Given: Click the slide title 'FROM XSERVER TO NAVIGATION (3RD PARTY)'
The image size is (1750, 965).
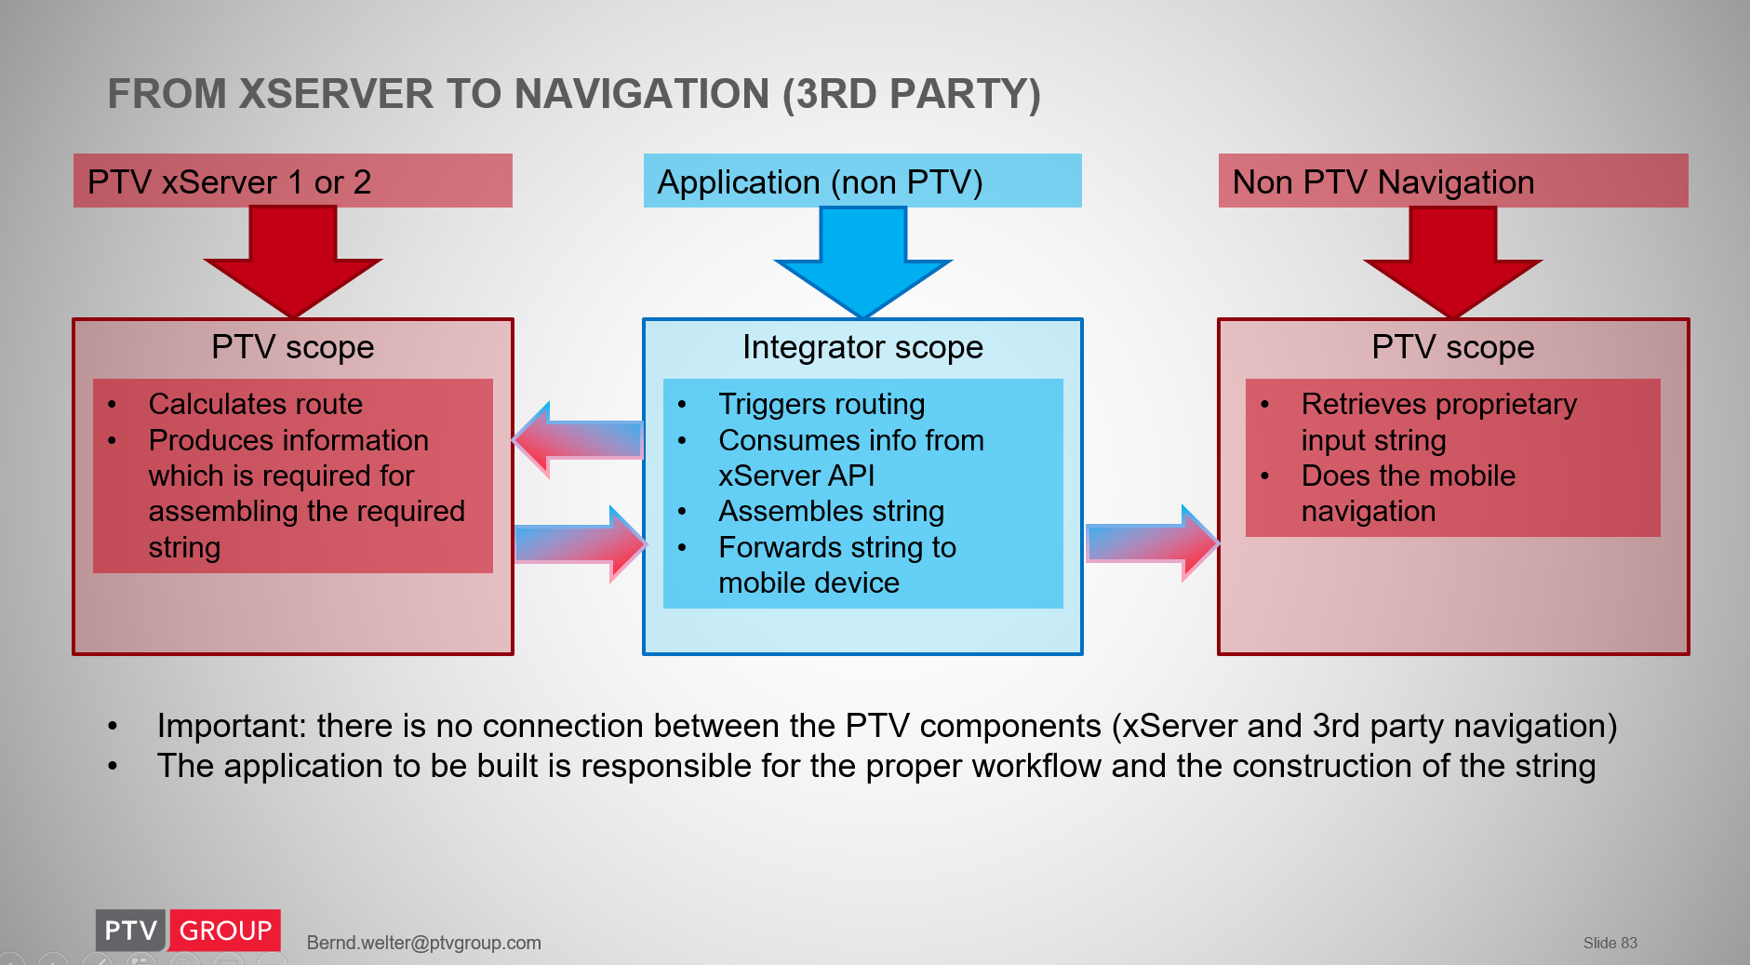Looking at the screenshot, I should (573, 94).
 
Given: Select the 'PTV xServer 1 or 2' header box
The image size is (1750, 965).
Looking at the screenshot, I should (292, 181).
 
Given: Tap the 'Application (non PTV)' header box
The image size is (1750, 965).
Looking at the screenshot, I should (862, 181).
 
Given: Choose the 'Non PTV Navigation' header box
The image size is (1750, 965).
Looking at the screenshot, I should (1452, 181).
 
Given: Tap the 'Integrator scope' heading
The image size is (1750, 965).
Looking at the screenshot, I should (862, 347).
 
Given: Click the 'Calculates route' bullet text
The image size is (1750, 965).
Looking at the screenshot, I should (255, 404).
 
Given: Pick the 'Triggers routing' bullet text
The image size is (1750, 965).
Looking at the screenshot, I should (822, 404).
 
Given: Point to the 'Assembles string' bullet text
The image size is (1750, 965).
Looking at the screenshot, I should (831, 511).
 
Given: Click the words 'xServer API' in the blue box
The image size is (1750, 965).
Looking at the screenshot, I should (796, 476).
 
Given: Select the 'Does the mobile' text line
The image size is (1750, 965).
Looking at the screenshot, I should (1408, 476).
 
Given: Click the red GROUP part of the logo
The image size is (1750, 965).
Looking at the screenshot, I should (225, 931).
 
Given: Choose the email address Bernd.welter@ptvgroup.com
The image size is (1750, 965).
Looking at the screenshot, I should (423, 943).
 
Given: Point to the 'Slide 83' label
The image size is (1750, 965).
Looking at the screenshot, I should (1610, 943).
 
